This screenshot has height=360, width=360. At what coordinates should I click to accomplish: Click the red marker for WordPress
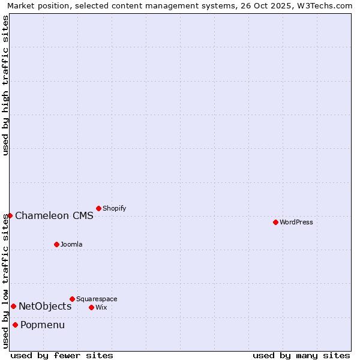click(x=275, y=222)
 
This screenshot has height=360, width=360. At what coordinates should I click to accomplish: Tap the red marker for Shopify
click(x=98, y=208)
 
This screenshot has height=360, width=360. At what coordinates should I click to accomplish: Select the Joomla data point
click(x=56, y=244)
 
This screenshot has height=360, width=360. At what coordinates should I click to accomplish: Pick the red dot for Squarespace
click(x=72, y=299)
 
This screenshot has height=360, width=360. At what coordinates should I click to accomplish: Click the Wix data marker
click(x=91, y=307)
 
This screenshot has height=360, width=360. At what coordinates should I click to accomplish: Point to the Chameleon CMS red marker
click(x=10, y=215)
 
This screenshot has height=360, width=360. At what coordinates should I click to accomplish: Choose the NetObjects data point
click(x=13, y=306)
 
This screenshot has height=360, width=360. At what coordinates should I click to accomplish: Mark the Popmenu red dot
click(x=15, y=325)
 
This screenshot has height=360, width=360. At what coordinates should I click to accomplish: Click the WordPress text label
click(x=296, y=223)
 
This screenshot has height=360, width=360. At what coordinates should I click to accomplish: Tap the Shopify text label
click(x=114, y=209)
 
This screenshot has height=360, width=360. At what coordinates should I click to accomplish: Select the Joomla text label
click(x=71, y=245)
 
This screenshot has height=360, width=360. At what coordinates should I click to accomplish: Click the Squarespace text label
click(x=97, y=299)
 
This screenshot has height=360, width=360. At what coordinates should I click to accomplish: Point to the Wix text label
click(x=101, y=308)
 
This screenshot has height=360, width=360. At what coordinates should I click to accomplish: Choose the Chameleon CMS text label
click(x=54, y=216)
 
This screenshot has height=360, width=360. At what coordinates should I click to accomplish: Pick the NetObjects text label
click(x=45, y=307)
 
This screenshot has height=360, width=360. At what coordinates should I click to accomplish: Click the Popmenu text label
click(x=43, y=325)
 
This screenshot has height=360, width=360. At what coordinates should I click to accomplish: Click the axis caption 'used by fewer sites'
click(x=62, y=355)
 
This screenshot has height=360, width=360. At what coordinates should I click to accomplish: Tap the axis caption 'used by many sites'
click(x=301, y=355)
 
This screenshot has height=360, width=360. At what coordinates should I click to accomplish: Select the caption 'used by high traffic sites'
click(x=5, y=85)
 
